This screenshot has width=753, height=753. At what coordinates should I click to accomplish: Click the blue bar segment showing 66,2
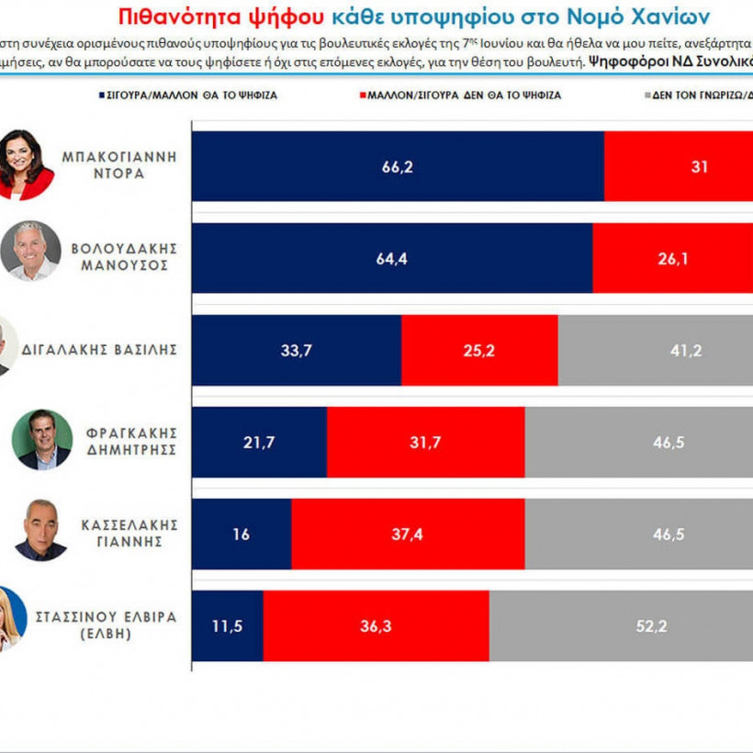pos(398,166)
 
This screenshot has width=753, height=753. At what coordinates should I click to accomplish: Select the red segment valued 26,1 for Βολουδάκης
pos(672,258)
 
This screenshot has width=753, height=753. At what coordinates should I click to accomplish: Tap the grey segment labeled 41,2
pos(655,350)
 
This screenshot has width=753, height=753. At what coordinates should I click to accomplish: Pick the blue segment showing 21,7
pos(259,442)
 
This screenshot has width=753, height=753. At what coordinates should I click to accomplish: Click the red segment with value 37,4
pos(407,534)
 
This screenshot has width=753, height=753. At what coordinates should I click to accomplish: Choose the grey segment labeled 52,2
pos(621,625)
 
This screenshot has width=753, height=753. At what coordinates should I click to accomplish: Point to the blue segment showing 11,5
pos(228,625)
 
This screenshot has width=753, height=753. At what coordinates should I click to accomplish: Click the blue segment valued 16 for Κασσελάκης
pos(242,534)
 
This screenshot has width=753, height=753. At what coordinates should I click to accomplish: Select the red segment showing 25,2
pos(478,350)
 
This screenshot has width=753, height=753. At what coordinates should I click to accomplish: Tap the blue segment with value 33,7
pos(297,350)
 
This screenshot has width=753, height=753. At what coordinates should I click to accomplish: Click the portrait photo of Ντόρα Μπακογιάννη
pos(25,163)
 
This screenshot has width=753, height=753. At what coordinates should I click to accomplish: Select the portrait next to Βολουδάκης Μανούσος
pos(30,251)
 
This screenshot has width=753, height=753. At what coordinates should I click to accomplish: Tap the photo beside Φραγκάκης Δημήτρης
pos(42,439)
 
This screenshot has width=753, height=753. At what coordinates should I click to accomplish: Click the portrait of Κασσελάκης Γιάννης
pos(40,530)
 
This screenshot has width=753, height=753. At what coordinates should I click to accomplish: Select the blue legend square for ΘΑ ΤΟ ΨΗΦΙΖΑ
pos(101,95)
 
